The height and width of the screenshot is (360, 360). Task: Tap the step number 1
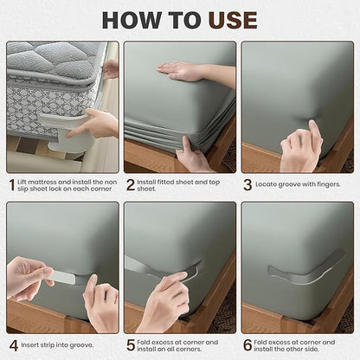(12, 184)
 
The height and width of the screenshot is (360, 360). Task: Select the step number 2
(131, 184)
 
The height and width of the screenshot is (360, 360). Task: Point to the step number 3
(247, 184)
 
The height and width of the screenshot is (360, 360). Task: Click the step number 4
(12, 344)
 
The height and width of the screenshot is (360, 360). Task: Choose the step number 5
(131, 344)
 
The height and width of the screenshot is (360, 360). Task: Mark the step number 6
(247, 344)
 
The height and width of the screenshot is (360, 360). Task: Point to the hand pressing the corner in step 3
(300, 147)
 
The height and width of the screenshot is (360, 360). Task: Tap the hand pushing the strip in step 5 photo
(164, 299)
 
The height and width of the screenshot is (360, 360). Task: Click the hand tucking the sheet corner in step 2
(192, 157)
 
